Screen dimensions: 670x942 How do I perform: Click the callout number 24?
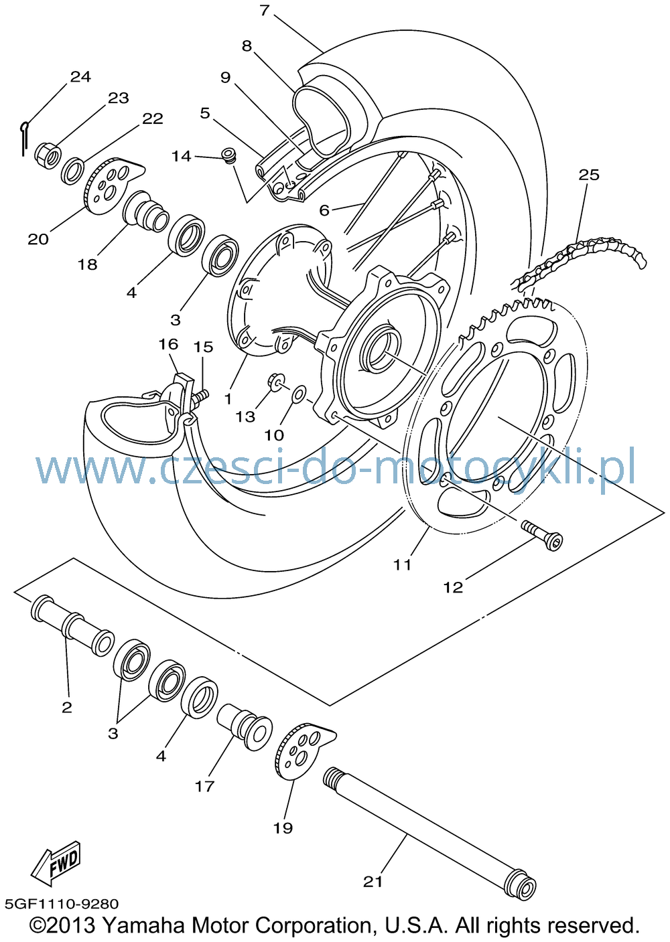(x=80, y=76)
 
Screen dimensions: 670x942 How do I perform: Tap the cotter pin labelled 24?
(x=24, y=138)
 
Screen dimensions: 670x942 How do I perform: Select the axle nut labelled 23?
(x=47, y=155)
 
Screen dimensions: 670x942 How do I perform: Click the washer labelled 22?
(x=72, y=171)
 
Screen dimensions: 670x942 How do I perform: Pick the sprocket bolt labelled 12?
(x=541, y=535)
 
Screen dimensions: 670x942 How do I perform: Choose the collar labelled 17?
(x=245, y=726)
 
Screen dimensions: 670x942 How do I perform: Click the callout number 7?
(x=264, y=10)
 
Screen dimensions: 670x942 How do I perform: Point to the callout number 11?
(x=402, y=565)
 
